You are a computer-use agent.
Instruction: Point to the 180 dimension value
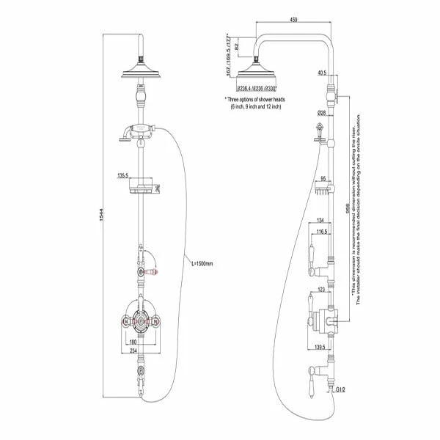pos(132,341)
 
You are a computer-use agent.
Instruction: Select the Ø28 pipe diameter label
pos(321,113)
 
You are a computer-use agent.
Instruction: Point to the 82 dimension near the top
pos(235,45)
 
